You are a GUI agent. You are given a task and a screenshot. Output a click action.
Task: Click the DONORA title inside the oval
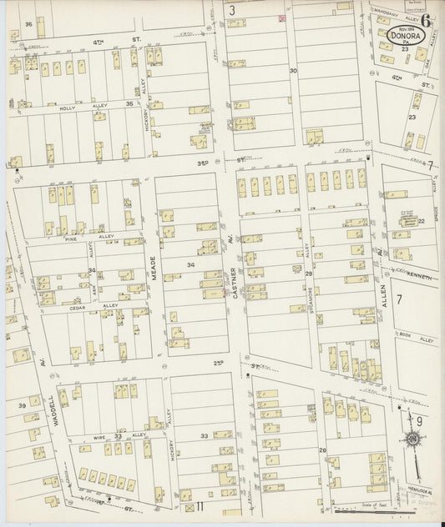coord(409,37)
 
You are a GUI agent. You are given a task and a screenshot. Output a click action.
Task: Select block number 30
coord(293,71)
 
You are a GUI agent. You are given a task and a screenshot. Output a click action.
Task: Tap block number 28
coord(321,450)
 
